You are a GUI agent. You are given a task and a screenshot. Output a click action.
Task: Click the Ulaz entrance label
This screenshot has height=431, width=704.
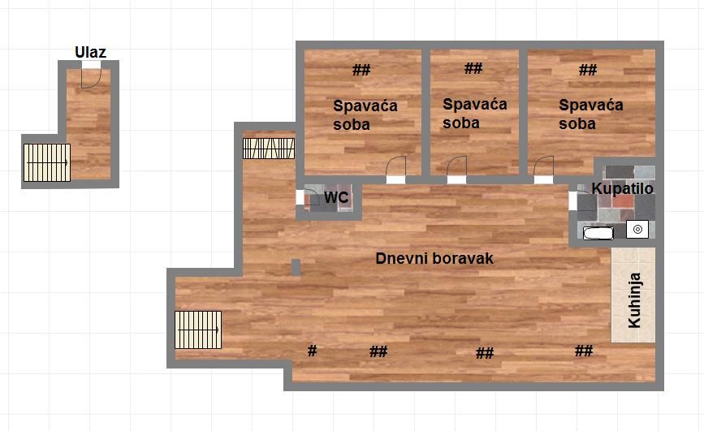[x=90, y=52]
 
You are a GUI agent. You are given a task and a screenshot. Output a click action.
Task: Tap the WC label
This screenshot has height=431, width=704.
[x=336, y=197]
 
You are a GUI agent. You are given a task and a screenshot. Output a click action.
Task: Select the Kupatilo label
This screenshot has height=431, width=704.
[x=622, y=188]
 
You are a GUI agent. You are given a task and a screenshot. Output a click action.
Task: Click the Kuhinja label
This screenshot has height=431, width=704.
[x=634, y=300]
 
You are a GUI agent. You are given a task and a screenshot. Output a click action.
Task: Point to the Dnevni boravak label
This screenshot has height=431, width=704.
[x=434, y=258]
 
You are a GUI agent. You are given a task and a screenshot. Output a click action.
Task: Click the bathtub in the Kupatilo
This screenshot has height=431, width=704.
[x=598, y=233]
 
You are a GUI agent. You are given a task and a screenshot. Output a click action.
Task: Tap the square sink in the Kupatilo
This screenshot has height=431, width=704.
[x=637, y=230]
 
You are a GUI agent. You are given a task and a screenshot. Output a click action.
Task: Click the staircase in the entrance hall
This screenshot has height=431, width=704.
[x=47, y=162]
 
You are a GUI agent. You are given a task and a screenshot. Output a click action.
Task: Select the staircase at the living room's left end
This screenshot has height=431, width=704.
[x=198, y=330]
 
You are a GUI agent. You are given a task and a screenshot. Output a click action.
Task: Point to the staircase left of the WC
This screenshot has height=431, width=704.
[x=269, y=149]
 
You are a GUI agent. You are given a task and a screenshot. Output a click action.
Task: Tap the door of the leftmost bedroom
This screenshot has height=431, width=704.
[x=396, y=166]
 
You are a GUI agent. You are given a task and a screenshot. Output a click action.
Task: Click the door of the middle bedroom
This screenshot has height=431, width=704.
[x=456, y=166]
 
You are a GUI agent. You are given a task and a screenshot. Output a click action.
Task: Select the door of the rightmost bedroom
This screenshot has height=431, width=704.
[x=544, y=166]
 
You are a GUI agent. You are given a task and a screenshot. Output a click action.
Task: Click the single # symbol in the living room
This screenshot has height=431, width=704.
[x=312, y=350]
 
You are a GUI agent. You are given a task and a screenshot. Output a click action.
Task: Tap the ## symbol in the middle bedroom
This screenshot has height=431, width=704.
[x=473, y=68]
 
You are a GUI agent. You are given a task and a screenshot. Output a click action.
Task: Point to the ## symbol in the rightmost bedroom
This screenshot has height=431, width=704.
[x=588, y=70]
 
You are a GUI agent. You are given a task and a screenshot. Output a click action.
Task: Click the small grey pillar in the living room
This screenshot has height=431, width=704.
[x=296, y=267]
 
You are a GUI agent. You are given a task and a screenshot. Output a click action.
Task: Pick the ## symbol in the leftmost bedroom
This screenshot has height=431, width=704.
[x=361, y=70]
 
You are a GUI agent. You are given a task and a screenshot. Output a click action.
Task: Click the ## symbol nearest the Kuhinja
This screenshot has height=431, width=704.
[x=584, y=350]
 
